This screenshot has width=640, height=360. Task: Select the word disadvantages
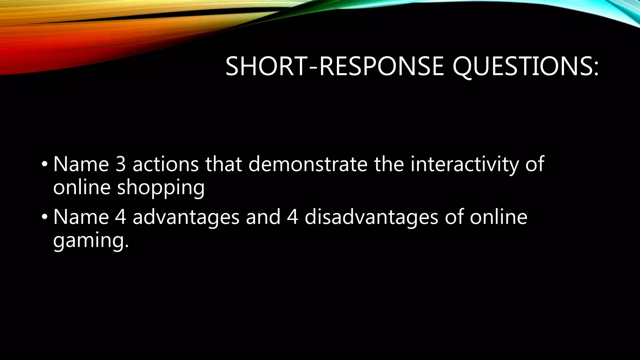pyautogui.click(x=371, y=217)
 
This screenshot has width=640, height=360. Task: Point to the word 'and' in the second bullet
pyautogui.click(x=263, y=217)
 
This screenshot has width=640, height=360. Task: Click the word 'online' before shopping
pyautogui.click(x=82, y=187)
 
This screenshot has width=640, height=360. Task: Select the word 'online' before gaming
pyautogui.click(x=498, y=217)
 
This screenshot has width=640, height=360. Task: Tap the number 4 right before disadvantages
pyautogui.click(x=292, y=217)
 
